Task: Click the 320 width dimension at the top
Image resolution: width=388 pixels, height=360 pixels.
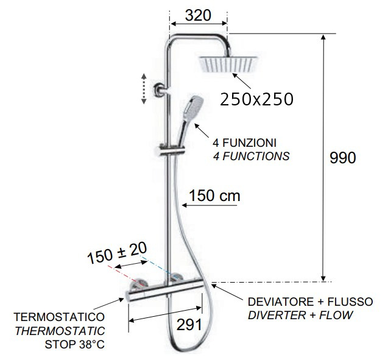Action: (x=198, y=15)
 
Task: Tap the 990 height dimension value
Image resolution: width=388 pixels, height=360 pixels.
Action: (x=343, y=158)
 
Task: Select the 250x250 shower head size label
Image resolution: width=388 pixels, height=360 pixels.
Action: (x=256, y=99)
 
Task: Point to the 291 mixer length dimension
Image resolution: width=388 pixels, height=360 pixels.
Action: (x=189, y=325)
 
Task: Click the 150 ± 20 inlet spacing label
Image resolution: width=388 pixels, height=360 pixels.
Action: (x=117, y=253)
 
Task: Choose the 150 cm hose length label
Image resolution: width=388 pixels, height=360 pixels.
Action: (x=214, y=196)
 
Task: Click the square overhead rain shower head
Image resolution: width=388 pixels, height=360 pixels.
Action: (x=228, y=64)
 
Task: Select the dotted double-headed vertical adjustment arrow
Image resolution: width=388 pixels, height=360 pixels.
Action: (x=144, y=88)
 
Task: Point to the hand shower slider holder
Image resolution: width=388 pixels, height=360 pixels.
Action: (x=172, y=150)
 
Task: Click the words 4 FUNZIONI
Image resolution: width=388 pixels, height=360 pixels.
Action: (x=244, y=143)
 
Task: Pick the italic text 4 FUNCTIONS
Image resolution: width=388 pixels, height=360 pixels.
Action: (x=251, y=156)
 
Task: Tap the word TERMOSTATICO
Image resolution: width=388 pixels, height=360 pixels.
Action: (x=59, y=317)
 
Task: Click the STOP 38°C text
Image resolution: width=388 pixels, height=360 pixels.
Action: (x=75, y=344)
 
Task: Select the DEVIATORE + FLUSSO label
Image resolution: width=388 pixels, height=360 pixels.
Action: (x=310, y=302)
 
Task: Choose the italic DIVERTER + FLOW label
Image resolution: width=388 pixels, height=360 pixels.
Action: (x=300, y=315)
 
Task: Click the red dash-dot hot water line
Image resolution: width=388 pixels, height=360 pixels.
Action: (x=126, y=275)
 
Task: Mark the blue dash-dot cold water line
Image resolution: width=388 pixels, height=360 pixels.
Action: (x=159, y=267)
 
